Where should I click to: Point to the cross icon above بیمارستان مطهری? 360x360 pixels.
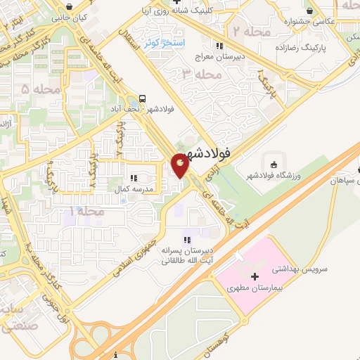click(x=254, y=278)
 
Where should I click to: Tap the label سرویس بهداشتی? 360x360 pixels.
click(x=278, y=268)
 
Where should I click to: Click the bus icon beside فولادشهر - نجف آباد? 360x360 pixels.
click(x=143, y=98)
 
